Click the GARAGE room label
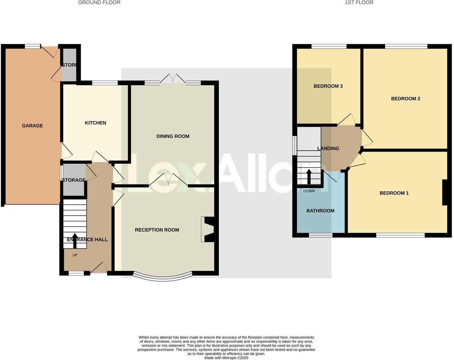coord(33,126)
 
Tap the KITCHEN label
coord(96,123)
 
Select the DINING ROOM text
coord(173,136)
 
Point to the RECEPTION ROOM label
coord(157,230)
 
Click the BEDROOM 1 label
coord(394,193)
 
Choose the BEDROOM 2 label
coord(405,99)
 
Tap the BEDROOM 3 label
coord(328,86)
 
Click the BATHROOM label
coord(320,211)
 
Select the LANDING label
coord(328,148)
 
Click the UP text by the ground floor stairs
coord(75,255)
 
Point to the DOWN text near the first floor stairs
coord(309,191)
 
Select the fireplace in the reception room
coord(208,229)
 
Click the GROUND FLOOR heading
coord(99,2)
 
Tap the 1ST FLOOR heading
coord(359,2)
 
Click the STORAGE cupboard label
coord(73,180)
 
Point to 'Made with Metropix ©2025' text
coord(226,358)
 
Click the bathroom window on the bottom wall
coord(320,235)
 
